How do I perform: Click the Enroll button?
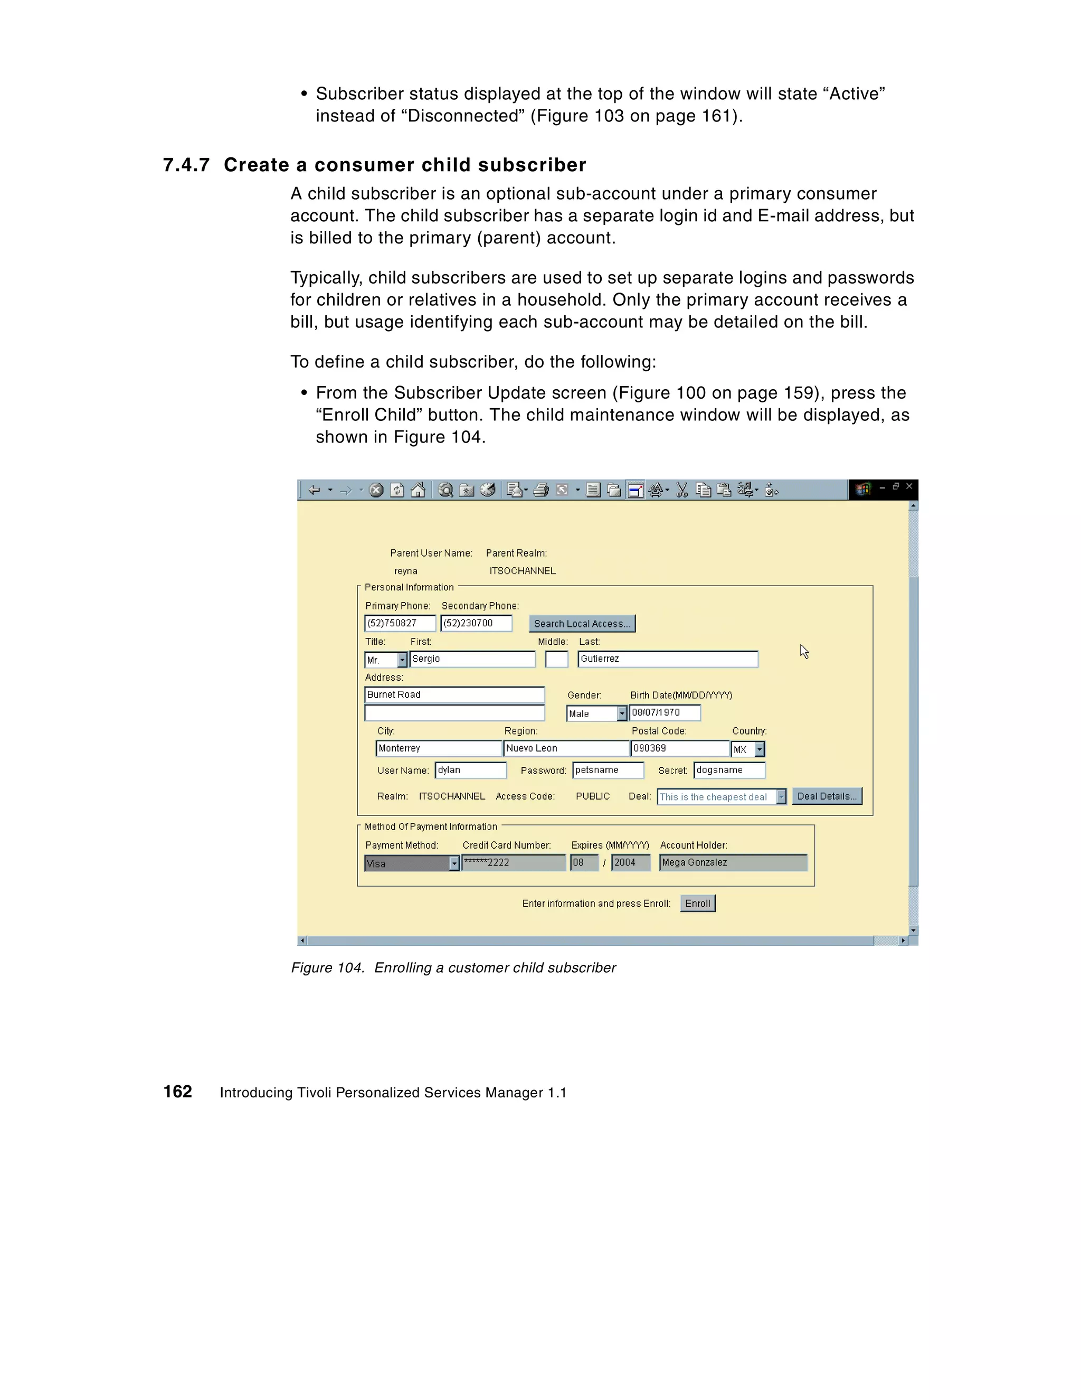point(697,903)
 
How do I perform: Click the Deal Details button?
point(827,796)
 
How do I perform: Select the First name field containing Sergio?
point(471,659)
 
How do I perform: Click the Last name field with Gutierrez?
point(667,659)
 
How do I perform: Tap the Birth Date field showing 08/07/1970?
point(665,713)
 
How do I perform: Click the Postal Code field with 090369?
point(679,748)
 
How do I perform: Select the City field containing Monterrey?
point(438,748)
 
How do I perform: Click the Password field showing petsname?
point(608,770)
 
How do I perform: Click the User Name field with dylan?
point(470,770)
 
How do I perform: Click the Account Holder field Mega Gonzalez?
point(733,863)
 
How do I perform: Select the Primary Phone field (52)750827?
point(399,623)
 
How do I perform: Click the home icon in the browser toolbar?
point(418,491)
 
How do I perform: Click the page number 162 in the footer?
point(177,1092)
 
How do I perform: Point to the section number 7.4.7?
point(186,165)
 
